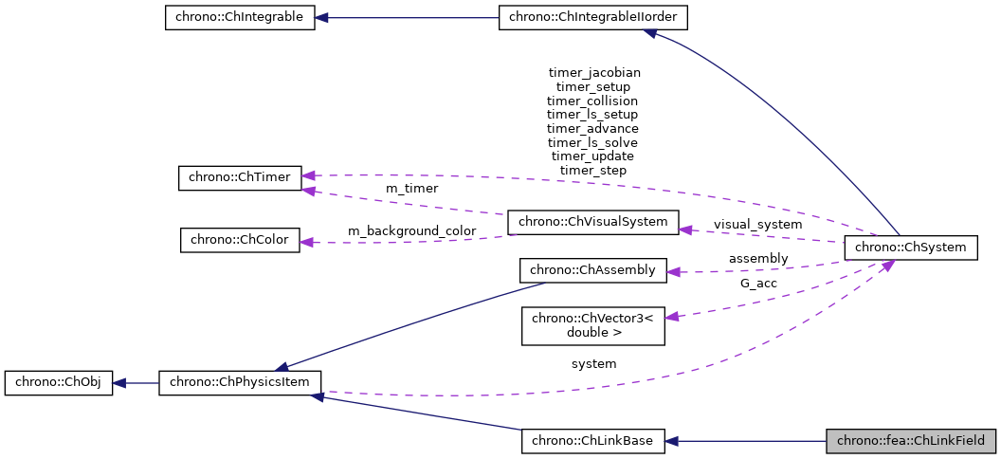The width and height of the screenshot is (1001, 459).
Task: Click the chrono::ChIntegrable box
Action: [x=239, y=18]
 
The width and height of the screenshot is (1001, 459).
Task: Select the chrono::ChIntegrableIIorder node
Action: [x=593, y=18]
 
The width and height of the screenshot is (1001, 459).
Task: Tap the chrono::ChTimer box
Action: [x=240, y=177]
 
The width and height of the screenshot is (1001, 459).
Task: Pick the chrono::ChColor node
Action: [x=240, y=240]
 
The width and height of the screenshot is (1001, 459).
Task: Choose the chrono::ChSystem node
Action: [x=910, y=248]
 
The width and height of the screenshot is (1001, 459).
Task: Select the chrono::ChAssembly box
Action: [x=593, y=270]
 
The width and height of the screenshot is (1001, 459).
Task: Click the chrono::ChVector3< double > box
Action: [x=593, y=325]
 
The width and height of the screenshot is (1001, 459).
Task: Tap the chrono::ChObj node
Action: [x=59, y=383]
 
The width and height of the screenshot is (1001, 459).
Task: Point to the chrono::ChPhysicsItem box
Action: [x=240, y=383]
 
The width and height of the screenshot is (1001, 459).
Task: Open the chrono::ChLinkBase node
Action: [x=593, y=441]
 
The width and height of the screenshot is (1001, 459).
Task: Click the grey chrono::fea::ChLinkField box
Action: [x=911, y=441]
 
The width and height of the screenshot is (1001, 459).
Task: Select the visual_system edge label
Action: [x=757, y=225]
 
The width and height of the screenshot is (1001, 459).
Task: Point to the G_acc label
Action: [x=758, y=283]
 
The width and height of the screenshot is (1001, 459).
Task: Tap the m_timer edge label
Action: [x=411, y=189]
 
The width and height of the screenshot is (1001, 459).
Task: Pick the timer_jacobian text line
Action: [x=594, y=72]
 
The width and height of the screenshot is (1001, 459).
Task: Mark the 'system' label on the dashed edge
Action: [x=593, y=363]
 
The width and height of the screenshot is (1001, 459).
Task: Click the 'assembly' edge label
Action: [x=757, y=258]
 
